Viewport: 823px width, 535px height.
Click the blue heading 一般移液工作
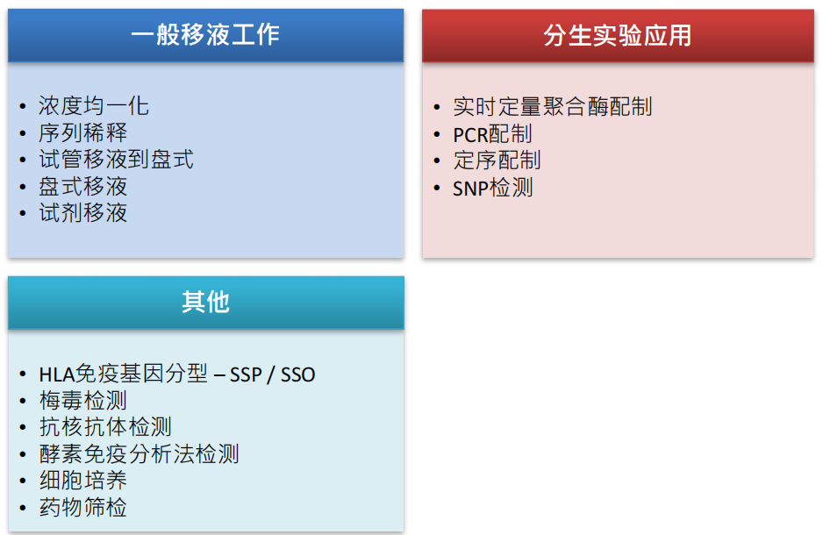point(205,35)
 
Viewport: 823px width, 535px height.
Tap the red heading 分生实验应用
point(618,36)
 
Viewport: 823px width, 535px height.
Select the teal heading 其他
point(205,302)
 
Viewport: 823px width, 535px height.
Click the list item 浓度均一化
point(93,106)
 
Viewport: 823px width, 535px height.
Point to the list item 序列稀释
point(83,132)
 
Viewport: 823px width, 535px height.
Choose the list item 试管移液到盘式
point(116,160)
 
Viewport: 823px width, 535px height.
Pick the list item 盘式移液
point(83,186)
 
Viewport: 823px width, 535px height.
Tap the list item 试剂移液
point(83,213)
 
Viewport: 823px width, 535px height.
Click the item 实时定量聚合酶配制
point(553,107)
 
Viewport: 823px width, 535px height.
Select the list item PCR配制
point(492,134)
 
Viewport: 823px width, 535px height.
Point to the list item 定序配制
point(497,160)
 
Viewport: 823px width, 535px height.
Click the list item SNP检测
point(493,188)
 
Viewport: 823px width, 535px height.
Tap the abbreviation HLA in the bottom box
point(57,374)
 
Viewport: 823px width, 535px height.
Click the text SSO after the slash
point(297,374)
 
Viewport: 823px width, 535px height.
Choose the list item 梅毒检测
point(83,401)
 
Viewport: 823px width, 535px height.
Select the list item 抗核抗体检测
point(105,427)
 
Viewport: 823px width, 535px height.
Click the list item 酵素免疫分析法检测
point(140,454)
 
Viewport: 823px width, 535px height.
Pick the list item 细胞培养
point(83,481)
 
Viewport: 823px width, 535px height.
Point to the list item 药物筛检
point(83,507)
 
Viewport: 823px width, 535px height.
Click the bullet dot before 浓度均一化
point(23,106)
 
